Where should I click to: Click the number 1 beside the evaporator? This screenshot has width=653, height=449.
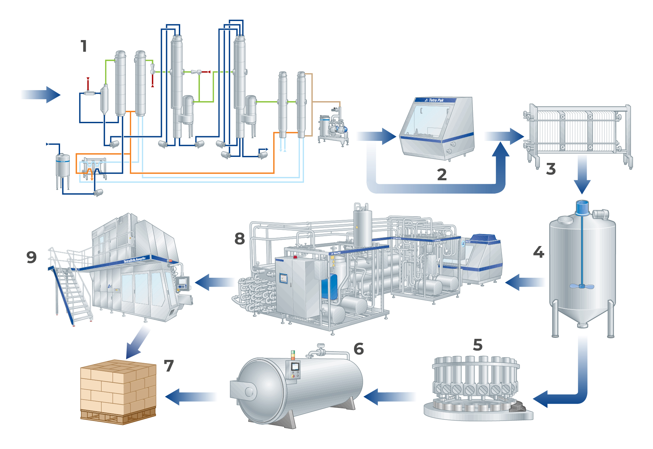click(x=84, y=46)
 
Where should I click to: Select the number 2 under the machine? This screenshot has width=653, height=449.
click(x=442, y=174)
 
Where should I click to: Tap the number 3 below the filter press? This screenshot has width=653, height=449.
click(x=551, y=169)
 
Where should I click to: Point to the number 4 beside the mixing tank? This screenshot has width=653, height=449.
click(x=539, y=252)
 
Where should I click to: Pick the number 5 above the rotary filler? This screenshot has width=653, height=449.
click(x=478, y=345)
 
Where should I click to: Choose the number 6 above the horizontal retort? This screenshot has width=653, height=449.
click(x=359, y=349)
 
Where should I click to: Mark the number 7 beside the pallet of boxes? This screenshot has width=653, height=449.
click(x=169, y=366)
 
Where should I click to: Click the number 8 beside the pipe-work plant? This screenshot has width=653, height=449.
click(x=240, y=239)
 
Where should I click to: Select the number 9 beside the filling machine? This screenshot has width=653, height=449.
click(x=31, y=257)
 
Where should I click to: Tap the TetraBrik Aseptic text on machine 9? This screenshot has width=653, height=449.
click(x=134, y=260)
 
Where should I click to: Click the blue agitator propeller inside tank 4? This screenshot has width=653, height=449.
click(x=582, y=286)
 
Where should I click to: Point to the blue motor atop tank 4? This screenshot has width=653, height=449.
click(x=582, y=208)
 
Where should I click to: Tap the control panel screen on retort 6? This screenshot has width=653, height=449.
click(x=295, y=367)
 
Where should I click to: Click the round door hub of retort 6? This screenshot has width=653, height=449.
click(x=249, y=392)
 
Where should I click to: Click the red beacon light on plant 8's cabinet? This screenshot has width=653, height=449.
click(x=295, y=257)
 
